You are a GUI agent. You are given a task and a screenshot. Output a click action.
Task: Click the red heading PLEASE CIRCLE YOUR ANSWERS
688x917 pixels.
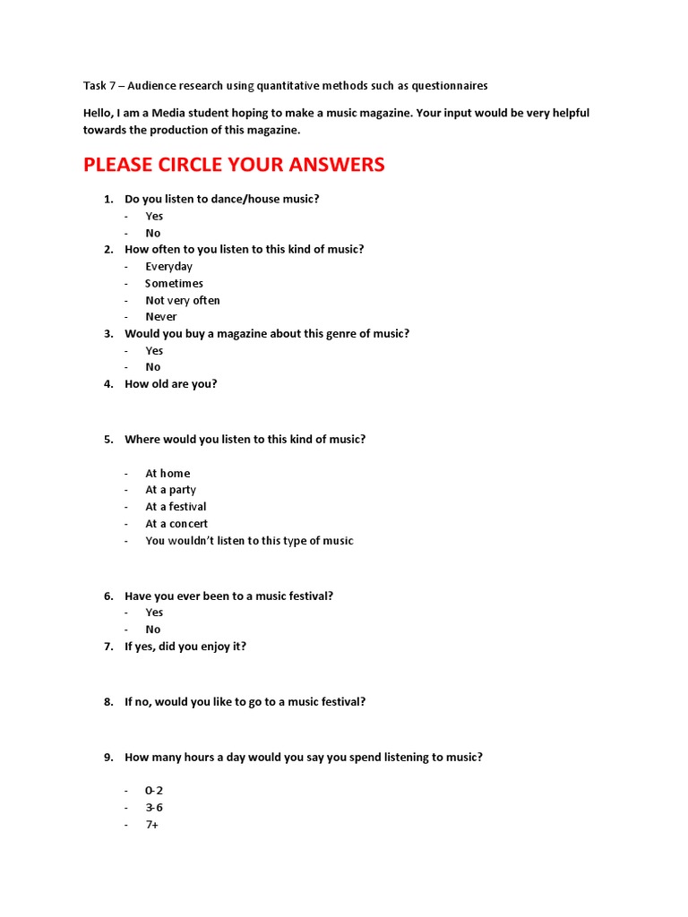click(x=234, y=165)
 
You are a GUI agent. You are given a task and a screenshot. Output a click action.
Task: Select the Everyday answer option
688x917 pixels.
click(x=168, y=267)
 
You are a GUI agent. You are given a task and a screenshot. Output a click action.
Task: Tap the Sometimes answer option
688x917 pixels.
click(x=174, y=284)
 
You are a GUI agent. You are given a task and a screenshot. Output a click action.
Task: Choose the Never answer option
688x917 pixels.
click(x=161, y=317)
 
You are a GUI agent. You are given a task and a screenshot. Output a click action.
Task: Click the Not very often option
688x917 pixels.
click(x=182, y=301)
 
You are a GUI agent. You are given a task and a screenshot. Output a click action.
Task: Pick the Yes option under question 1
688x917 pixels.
click(x=154, y=216)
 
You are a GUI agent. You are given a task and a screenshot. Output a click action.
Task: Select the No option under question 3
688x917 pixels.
click(x=153, y=367)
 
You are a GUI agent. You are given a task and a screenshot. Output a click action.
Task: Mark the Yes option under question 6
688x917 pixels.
click(x=154, y=613)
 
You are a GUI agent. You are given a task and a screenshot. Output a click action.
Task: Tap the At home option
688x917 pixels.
click(x=168, y=474)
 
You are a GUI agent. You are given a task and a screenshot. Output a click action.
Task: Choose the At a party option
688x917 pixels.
click(x=170, y=490)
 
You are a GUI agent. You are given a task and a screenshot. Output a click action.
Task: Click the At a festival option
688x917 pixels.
click(x=176, y=507)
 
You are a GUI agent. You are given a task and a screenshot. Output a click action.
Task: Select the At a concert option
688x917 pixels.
click(x=176, y=524)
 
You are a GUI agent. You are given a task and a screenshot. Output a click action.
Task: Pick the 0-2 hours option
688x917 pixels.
click(x=154, y=791)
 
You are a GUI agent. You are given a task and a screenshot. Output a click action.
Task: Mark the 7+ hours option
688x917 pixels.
click(x=152, y=825)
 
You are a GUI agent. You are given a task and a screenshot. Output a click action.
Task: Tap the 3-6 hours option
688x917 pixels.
click(x=154, y=808)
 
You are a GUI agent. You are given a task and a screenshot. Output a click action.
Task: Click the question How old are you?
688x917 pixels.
click(x=170, y=384)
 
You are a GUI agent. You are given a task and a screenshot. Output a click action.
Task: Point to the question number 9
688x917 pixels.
click(x=108, y=758)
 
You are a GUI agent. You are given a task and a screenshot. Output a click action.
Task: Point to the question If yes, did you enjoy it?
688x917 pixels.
click(x=185, y=647)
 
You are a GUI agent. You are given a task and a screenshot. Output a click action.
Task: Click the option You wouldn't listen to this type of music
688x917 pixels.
click(x=249, y=541)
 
